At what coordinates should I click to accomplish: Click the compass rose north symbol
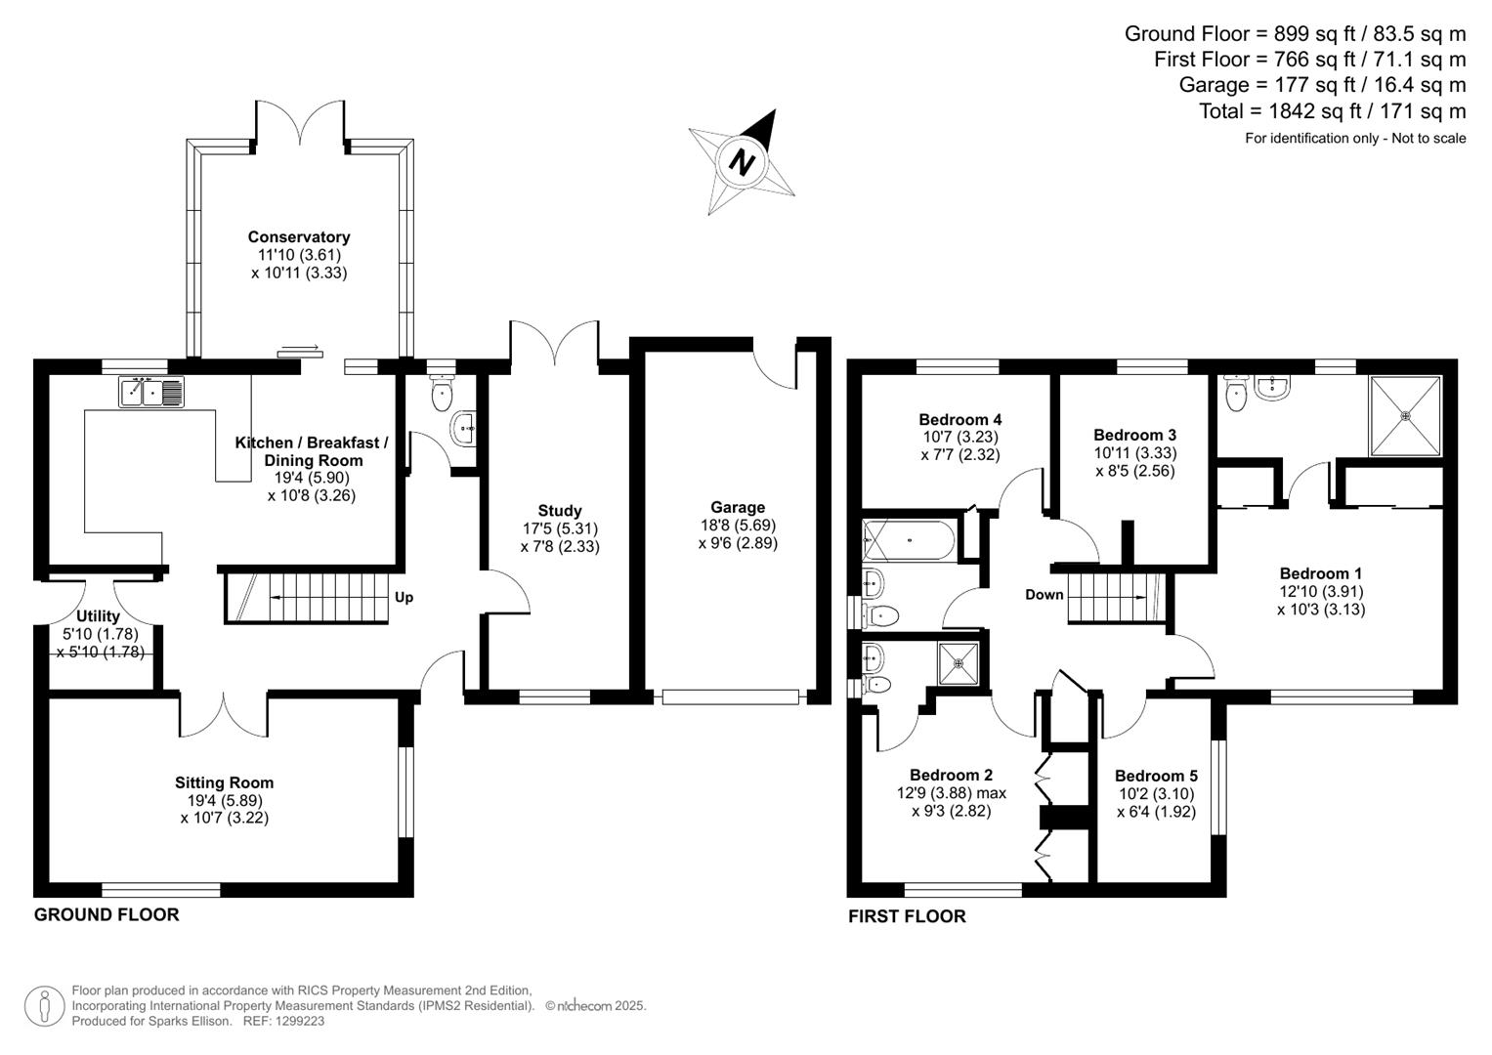(744, 161)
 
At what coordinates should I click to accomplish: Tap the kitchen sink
(151, 392)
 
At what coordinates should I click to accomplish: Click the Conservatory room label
(298, 237)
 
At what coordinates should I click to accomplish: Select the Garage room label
(738, 507)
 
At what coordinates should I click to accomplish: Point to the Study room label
(559, 511)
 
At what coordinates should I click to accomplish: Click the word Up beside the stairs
(404, 597)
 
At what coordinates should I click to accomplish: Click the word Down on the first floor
(1044, 595)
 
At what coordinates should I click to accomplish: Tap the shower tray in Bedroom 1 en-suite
(1406, 415)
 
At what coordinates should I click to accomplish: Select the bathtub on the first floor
(908, 539)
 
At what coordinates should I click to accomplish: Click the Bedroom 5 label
(1156, 776)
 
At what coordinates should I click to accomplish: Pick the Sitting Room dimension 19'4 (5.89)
(224, 800)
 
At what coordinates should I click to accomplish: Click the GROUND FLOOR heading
(107, 915)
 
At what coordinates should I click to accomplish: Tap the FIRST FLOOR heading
(907, 916)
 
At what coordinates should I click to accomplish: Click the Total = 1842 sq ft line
(1332, 111)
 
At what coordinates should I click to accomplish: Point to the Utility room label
(98, 616)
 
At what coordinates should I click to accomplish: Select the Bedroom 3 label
(1134, 435)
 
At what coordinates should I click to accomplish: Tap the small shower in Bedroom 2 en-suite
(959, 662)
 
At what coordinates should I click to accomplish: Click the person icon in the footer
(44, 1006)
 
